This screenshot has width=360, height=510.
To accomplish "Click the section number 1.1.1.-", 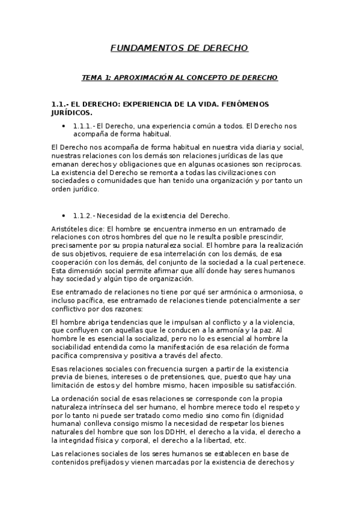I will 84,126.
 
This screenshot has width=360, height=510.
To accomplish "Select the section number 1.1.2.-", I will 84,215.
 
